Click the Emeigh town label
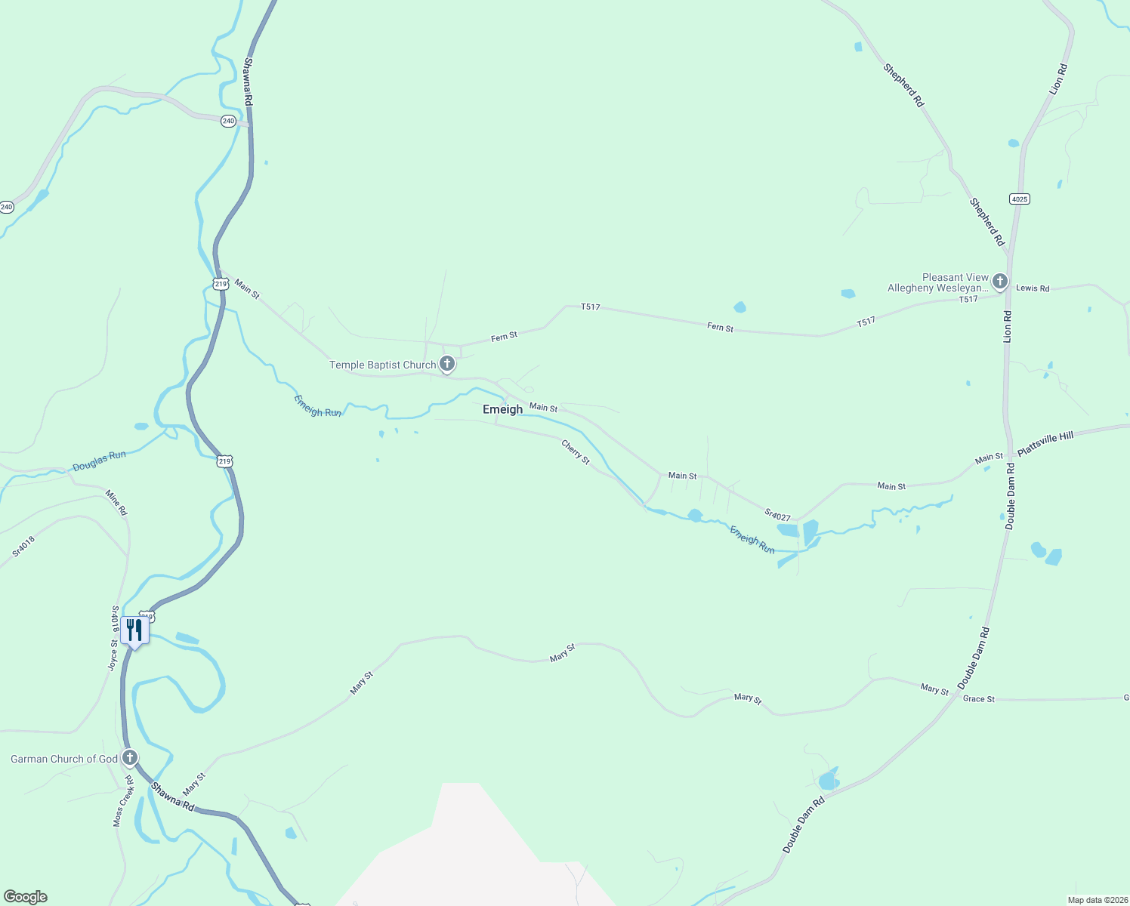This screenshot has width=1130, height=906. coord(502,409)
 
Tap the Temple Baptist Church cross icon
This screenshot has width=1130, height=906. coord(447,365)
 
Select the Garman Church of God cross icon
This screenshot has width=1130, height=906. coord(130,758)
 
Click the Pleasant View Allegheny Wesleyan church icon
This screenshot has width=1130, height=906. coord(999,282)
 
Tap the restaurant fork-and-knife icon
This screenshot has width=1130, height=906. coord(134,630)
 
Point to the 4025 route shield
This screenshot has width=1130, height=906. coord(1019,199)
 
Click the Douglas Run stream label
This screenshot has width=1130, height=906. coord(99,461)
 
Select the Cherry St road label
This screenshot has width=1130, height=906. coord(576,452)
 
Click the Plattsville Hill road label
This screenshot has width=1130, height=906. coord(1045,445)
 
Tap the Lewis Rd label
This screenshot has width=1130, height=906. coord(1033,288)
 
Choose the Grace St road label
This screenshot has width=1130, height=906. coord(978,699)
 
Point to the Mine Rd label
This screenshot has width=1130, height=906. coord(116,503)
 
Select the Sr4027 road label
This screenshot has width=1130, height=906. coord(777,516)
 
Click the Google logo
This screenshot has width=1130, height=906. coord(26,897)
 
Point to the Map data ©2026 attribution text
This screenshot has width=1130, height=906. coord(1097,900)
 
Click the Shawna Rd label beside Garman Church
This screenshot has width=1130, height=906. coord(172,797)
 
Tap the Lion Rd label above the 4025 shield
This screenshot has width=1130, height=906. coord(1057,79)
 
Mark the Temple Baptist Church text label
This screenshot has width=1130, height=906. coord(382,365)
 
